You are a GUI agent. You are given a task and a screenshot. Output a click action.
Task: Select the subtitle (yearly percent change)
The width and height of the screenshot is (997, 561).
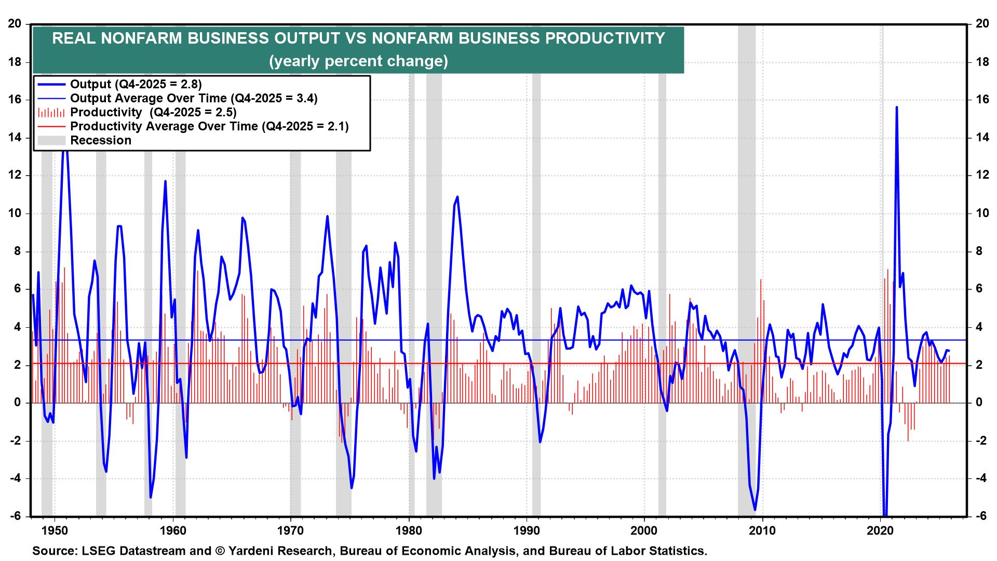(x=358, y=61)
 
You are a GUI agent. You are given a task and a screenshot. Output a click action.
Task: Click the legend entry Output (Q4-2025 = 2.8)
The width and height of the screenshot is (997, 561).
(x=136, y=84)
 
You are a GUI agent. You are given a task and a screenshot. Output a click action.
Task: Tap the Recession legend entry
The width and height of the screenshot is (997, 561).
(x=100, y=140)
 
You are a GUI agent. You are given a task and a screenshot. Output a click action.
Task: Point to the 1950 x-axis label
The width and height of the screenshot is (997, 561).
(x=55, y=531)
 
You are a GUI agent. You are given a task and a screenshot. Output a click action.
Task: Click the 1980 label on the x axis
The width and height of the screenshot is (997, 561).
(x=409, y=531)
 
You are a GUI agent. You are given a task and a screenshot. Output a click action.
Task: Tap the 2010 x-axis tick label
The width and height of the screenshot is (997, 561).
(x=763, y=531)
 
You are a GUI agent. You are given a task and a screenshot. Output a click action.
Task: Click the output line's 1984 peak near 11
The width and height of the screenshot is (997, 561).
(x=457, y=197)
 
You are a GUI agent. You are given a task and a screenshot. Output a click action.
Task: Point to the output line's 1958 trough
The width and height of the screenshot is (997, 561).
(x=151, y=497)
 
